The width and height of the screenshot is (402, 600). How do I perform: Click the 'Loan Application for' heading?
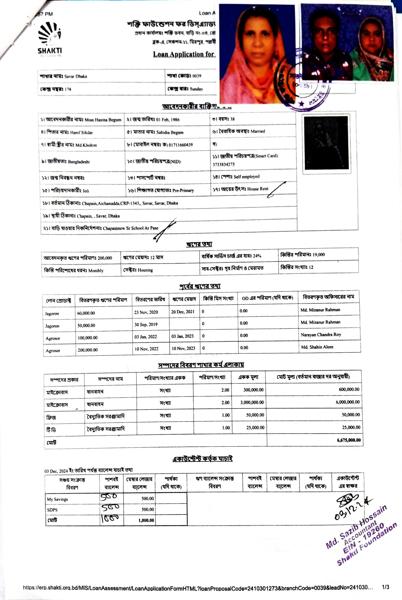[x=184, y=54]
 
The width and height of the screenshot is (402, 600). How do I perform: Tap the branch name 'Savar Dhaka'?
[x=76, y=76]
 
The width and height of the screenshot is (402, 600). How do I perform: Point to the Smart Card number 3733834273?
[x=224, y=164]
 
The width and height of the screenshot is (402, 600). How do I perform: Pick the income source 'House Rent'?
[x=258, y=189]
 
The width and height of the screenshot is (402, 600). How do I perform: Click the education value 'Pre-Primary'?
[x=183, y=190]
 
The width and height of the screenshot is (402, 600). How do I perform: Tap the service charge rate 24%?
[x=257, y=256]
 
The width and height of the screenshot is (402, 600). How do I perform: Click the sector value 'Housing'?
[x=145, y=270]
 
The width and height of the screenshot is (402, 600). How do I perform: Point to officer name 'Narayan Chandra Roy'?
[x=321, y=335]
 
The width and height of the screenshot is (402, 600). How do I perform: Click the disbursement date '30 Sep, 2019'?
[x=146, y=324]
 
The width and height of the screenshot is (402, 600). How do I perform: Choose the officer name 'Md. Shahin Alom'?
[x=317, y=347]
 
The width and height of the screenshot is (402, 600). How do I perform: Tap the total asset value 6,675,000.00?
[x=349, y=440]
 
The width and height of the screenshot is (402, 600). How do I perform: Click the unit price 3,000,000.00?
[x=252, y=402]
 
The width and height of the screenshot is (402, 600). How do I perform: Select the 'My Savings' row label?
[x=57, y=499]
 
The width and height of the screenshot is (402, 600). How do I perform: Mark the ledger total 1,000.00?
[x=146, y=520]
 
